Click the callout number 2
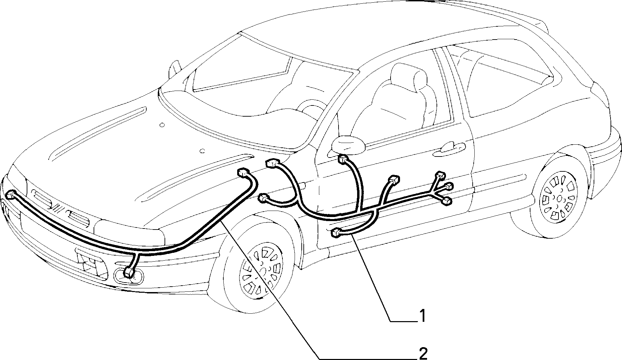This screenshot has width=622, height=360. (x=423, y=354)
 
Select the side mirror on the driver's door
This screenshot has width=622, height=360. (x=348, y=145)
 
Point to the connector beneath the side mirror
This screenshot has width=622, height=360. (x=343, y=159)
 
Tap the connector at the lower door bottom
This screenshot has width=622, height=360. (x=336, y=233)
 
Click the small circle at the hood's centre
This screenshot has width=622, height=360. (x=162, y=125)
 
